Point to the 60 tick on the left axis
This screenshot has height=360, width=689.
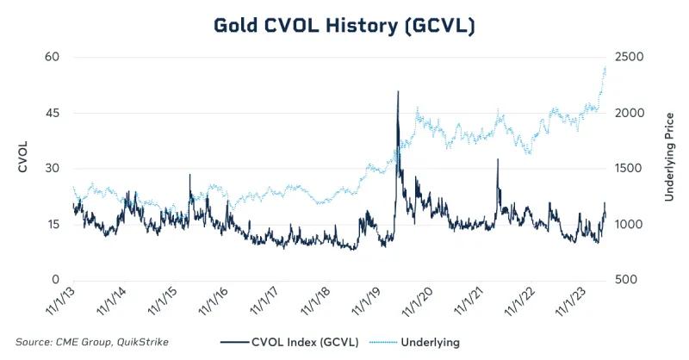point(53,57)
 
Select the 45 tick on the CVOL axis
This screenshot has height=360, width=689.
point(53,113)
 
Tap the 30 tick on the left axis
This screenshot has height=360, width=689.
point(53,169)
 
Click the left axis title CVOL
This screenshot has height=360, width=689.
point(23,155)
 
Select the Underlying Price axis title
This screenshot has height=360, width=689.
point(667,156)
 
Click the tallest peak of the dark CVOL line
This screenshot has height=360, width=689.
point(398,91)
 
